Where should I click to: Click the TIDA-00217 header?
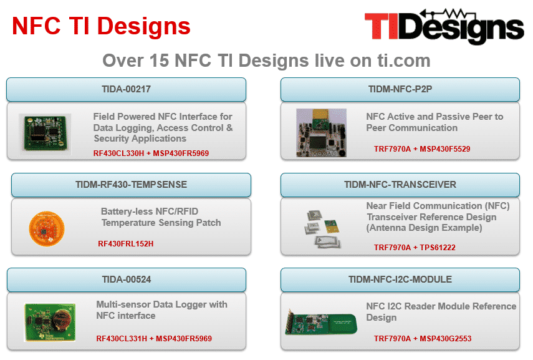[126, 89]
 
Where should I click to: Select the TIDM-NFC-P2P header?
[400, 89]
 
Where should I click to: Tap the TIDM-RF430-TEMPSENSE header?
[131, 185]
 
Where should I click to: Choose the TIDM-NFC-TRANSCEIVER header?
[400, 185]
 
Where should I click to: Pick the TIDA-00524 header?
[127, 280]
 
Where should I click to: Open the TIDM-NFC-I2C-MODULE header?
[400, 280]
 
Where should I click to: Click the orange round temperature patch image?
[47, 228]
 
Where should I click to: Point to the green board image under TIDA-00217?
[46, 133]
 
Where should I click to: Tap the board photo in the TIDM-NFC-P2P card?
[321, 133]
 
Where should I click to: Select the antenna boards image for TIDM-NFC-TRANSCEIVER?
[322, 229]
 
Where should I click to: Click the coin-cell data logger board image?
[50, 323]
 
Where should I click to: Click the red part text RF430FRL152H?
[126, 244]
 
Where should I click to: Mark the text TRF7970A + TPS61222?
[415, 248]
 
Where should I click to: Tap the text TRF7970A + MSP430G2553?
[423, 339]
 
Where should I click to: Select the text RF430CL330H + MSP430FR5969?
[151, 153]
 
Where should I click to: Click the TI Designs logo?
[444, 26]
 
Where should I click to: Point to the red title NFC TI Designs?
[101, 26]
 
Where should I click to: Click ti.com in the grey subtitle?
[404, 61]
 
